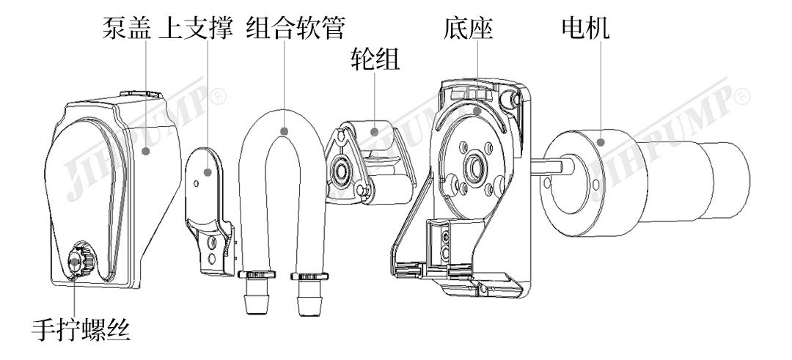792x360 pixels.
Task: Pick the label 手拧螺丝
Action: [x=81, y=330]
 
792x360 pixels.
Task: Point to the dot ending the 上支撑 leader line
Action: [x=208, y=173]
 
